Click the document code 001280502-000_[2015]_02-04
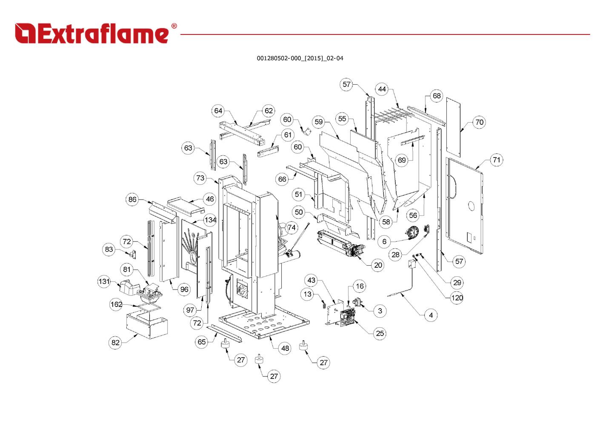pos(300,58)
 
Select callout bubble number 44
pos(382,89)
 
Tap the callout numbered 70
pos(479,122)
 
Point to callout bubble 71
pos(496,160)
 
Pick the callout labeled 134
pos(210,220)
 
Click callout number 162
pos(116,304)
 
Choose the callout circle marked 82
pos(116,342)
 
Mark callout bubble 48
pos(285,348)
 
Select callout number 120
pos(457,298)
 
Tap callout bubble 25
pos(380,333)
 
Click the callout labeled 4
pos(431,315)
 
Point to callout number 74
pos(291,228)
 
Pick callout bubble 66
pos(282,179)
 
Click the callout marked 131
pos(104,281)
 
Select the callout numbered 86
pos(132,199)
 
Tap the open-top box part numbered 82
pos(147,325)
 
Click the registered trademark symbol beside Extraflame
pos(174,26)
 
